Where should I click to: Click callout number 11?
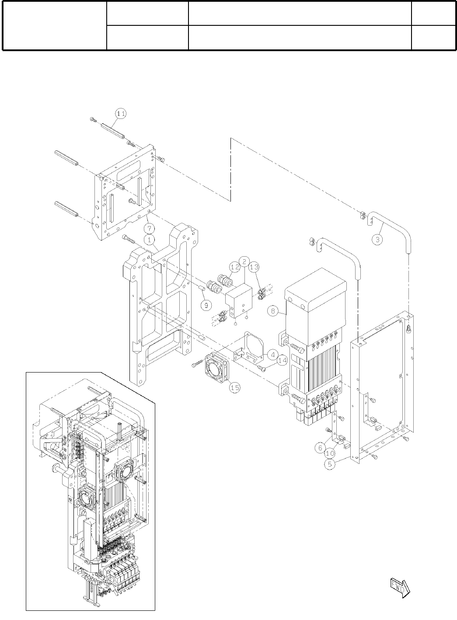[121, 113]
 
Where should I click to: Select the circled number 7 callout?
[149, 228]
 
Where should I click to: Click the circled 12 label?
[234, 266]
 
